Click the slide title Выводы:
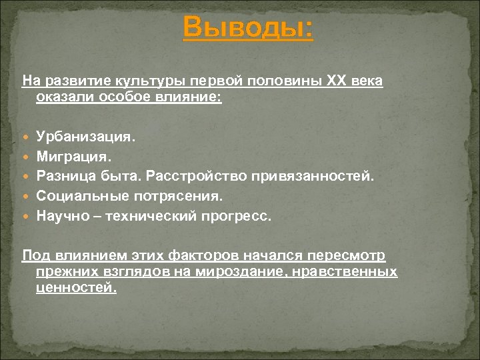[x=247, y=29]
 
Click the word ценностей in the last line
[x=75, y=288]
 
